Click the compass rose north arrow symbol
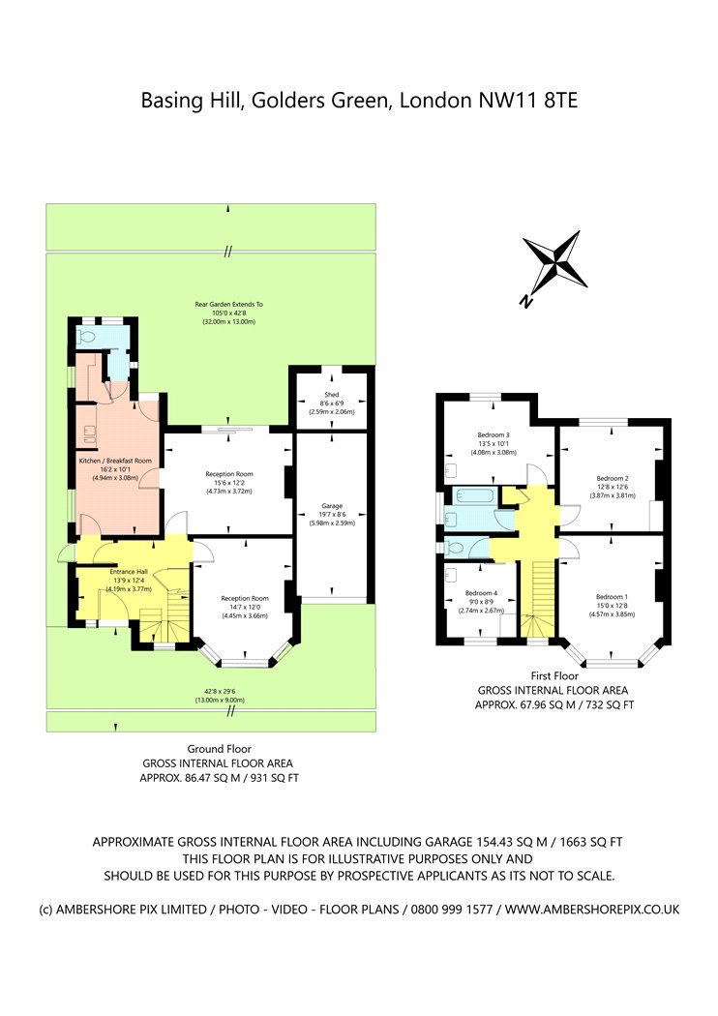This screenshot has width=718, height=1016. (x=554, y=266)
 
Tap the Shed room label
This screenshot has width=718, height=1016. (x=332, y=395)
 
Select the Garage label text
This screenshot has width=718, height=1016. (x=332, y=506)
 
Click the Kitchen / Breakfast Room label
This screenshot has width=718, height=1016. (x=115, y=461)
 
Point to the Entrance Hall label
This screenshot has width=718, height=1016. (x=129, y=572)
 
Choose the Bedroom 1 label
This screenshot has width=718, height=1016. (x=612, y=597)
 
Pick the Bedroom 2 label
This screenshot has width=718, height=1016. (x=613, y=478)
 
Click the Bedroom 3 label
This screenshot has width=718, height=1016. (x=494, y=434)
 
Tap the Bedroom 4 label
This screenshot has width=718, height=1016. (x=481, y=593)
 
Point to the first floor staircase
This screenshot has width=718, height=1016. (x=538, y=599)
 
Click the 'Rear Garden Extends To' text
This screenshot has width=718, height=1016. (x=228, y=304)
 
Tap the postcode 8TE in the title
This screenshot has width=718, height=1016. (x=560, y=101)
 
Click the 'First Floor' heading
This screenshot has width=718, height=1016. (x=554, y=675)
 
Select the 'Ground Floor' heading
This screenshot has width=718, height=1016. (x=219, y=748)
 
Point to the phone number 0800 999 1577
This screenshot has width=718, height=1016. (x=448, y=910)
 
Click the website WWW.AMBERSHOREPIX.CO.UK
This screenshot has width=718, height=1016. (x=592, y=910)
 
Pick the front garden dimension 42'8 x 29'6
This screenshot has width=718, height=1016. (x=220, y=692)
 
